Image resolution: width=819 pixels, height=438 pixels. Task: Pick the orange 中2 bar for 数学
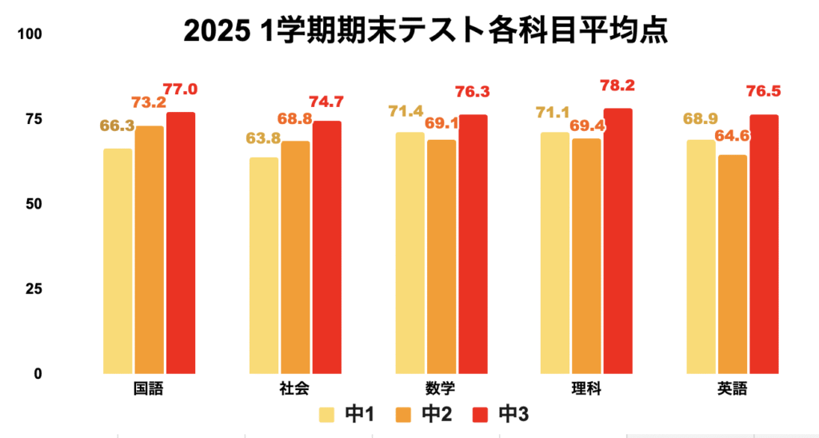click(x=441, y=257)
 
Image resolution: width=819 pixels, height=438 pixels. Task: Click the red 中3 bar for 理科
click(x=618, y=241)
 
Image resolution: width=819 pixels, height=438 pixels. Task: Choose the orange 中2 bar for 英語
click(x=733, y=264)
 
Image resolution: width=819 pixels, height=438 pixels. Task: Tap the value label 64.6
click(x=733, y=136)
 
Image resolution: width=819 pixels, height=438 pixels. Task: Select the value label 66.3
click(x=117, y=126)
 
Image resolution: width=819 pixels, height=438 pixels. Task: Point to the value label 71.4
click(x=408, y=109)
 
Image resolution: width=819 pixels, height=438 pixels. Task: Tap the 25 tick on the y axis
click(x=33, y=289)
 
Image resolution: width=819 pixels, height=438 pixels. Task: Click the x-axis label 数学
click(x=441, y=389)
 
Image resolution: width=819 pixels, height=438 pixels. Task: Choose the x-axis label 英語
click(x=733, y=389)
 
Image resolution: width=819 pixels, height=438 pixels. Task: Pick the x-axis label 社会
click(x=294, y=389)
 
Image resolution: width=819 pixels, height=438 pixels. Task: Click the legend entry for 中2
click(x=423, y=414)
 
